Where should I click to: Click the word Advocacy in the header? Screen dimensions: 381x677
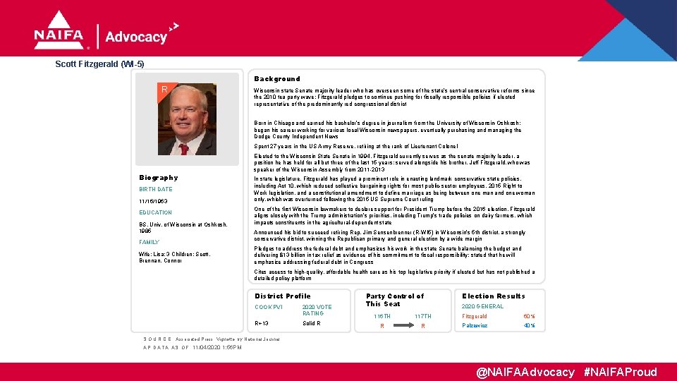[136, 37]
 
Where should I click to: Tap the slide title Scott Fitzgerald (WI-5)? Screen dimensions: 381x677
[99, 64]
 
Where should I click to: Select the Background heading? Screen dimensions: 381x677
[277, 79]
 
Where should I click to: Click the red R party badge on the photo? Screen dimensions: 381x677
[164, 90]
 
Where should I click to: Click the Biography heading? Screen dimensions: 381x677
[159, 178]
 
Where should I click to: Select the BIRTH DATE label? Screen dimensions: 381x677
[156, 189]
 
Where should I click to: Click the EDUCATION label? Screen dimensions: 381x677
[156, 212]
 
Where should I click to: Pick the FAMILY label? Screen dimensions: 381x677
[150, 242]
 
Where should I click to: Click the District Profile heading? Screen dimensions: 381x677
[282, 296]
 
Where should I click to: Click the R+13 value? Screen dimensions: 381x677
[261, 324]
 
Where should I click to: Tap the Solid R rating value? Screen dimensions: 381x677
[311, 324]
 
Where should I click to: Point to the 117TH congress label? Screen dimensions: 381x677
[423, 316]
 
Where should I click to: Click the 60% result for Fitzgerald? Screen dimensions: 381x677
[529, 316]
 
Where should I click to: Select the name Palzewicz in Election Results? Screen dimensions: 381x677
[475, 325]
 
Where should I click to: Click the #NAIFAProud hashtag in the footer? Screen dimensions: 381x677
[621, 372]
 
